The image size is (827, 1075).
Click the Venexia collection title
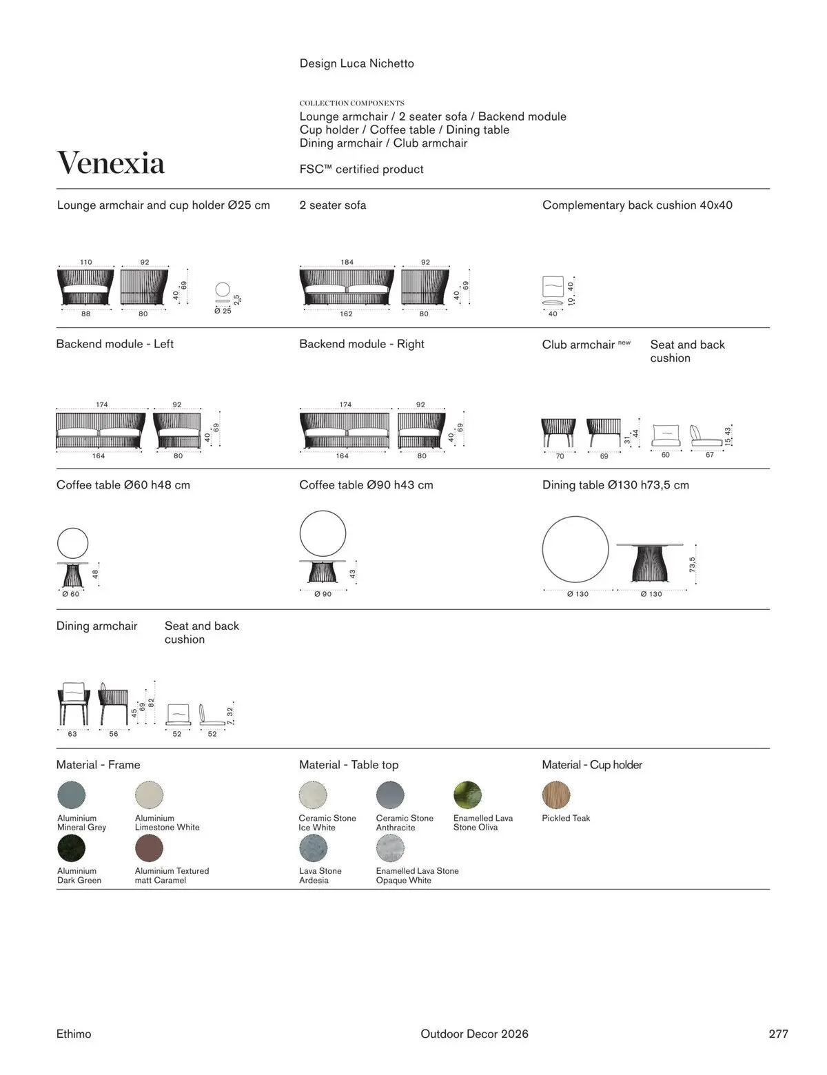[x=110, y=163]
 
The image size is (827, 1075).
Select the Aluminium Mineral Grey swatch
[x=72, y=795]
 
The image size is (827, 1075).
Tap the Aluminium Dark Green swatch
[x=72, y=848]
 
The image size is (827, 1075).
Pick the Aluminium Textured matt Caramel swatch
[x=149, y=848]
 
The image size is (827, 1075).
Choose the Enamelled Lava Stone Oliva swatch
[x=467, y=795]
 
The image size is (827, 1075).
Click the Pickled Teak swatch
[x=556, y=795]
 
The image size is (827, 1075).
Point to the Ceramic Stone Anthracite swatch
[x=390, y=795]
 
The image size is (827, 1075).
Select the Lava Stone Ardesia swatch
[x=313, y=848]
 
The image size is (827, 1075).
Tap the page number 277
[x=778, y=1034]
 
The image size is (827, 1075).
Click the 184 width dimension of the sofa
[x=347, y=262]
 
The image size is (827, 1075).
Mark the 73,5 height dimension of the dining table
[x=692, y=564]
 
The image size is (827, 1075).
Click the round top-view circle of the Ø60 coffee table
[x=72, y=543]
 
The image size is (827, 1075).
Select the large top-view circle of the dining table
[x=575, y=549]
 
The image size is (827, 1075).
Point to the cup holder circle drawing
[x=223, y=289]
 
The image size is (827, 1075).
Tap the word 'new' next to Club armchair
[x=624, y=342]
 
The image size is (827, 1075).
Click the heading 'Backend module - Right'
[x=361, y=344]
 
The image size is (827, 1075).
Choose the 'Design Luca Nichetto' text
[x=356, y=63]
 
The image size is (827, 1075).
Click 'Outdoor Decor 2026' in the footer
[x=474, y=1034]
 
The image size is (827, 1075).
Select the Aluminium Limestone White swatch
[x=149, y=795]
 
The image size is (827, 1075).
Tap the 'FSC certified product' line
[x=361, y=170]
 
